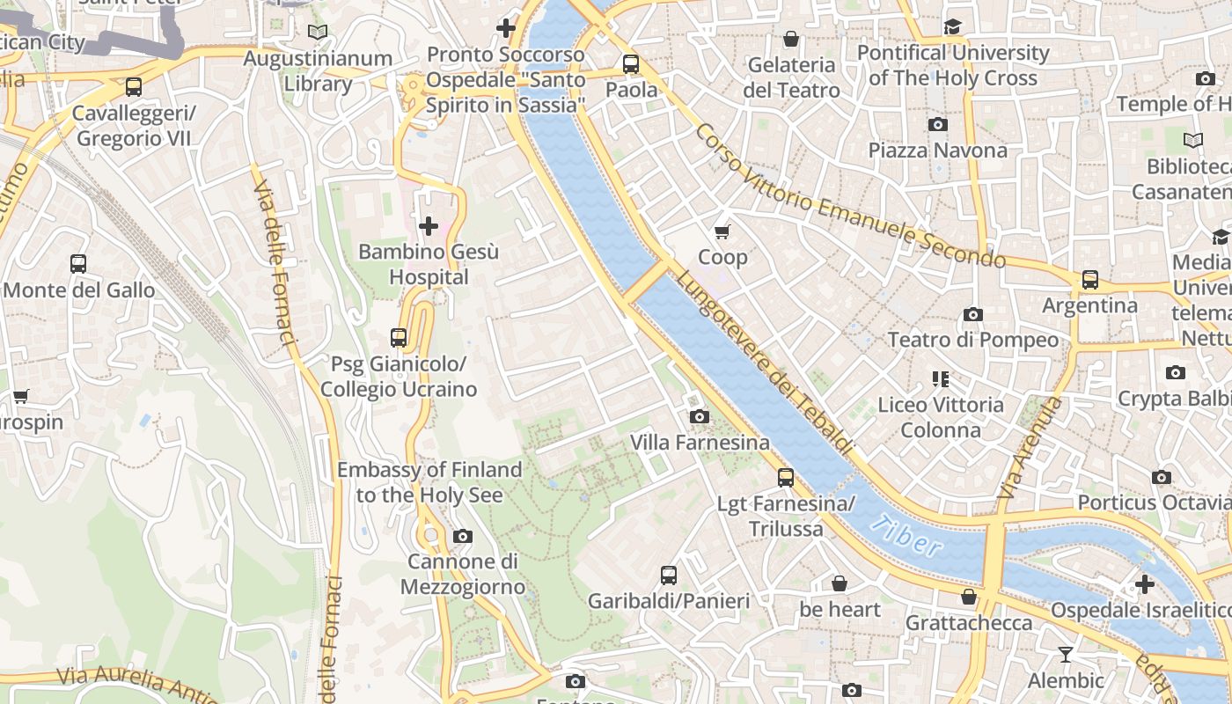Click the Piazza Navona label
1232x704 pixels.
pyautogui.click(x=937, y=150)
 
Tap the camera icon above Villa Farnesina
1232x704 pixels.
pyautogui.click(x=700, y=416)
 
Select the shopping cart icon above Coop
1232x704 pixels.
pyautogui.click(x=722, y=231)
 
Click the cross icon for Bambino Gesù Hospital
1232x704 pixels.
pyautogui.click(x=429, y=226)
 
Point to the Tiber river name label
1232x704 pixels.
pyautogui.click(x=908, y=536)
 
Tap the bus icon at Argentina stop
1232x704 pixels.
pyautogui.click(x=1090, y=280)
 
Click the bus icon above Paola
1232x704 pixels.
pyautogui.click(x=631, y=63)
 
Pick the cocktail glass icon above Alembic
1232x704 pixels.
pyautogui.click(x=1066, y=654)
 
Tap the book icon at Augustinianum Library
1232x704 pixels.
pyautogui.click(x=318, y=32)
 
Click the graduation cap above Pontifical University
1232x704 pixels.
pyautogui.click(x=952, y=26)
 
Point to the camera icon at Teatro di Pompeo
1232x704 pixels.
pyautogui.click(x=972, y=314)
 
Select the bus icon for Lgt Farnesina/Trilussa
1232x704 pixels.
pyautogui.click(x=786, y=478)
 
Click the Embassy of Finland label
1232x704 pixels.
pyautogui.click(x=429, y=482)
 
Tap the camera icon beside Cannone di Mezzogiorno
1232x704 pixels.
pyautogui.click(x=462, y=536)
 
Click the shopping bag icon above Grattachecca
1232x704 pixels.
pyautogui.click(x=969, y=597)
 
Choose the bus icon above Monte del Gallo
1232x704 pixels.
pyautogui.click(x=78, y=263)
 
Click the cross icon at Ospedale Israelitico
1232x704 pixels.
pyautogui.click(x=1144, y=583)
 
